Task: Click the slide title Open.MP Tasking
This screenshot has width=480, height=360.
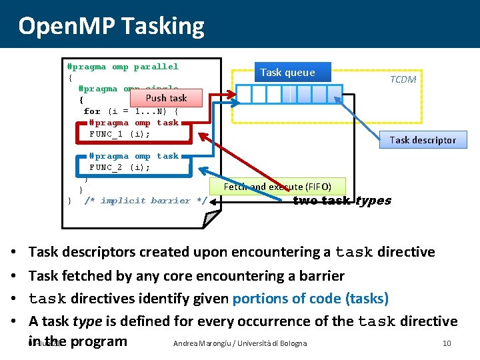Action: (111, 26)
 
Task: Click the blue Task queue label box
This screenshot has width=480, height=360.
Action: (287, 72)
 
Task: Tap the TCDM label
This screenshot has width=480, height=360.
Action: (403, 79)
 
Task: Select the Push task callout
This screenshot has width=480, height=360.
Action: (166, 98)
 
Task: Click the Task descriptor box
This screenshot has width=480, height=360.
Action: (423, 140)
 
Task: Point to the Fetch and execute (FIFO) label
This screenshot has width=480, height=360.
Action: (277, 187)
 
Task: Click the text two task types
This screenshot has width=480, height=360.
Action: (342, 201)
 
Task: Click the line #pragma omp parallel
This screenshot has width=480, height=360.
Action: (123, 67)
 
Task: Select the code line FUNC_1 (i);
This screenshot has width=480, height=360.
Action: (120, 134)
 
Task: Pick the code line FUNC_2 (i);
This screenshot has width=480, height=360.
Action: (120, 167)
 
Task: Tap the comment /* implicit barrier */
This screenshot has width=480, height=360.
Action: (146, 201)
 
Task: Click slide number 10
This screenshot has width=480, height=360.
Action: (447, 343)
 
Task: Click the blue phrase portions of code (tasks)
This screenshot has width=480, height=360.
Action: (310, 298)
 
